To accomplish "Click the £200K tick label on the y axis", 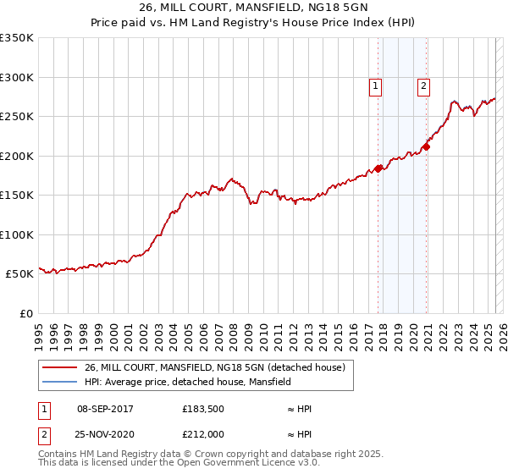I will (16, 156).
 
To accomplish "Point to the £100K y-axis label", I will (16, 234).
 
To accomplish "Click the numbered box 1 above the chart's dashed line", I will (374, 85).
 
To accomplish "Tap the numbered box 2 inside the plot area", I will (422, 85).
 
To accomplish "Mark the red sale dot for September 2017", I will (378, 168).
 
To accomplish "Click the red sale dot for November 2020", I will (427, 146).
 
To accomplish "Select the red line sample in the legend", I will (58, 367).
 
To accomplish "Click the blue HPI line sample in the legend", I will (58, 382).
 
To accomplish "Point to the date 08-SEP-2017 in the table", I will (105, 410).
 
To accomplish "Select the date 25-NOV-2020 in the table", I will (105, 433).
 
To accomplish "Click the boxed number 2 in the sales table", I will (43, 433).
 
